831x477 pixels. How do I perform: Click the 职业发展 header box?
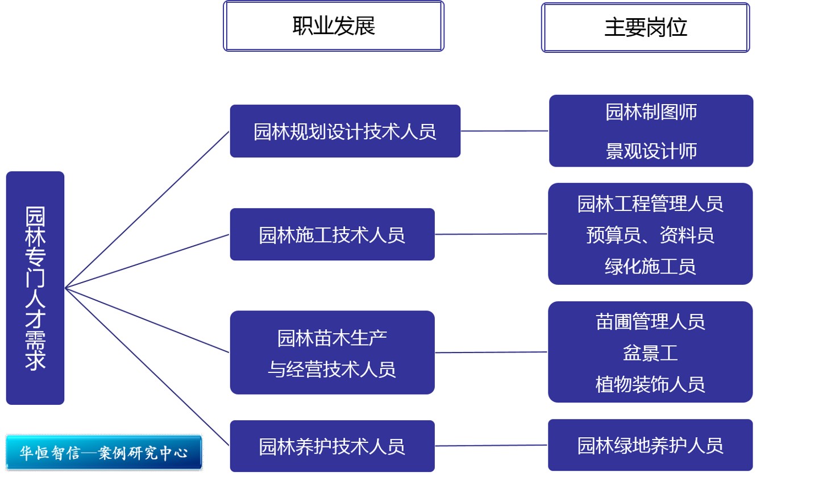pos(334,26)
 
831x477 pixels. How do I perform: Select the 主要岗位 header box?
pos(645,27)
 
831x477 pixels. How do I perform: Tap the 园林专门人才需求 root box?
pos(35,288)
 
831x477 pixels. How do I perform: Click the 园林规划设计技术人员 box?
pos(345,131)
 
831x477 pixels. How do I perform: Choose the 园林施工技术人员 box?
pos(332,235)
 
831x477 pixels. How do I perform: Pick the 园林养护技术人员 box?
pos(332,446)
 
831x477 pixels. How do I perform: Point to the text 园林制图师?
pos(651,112)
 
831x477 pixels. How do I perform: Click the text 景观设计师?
pos(651,151)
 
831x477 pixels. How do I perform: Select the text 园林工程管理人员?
pos(650,204)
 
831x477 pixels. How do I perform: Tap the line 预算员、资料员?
pos(650,235)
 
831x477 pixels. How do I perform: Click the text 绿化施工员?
pos(650,266)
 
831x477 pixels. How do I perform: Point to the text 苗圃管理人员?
pos(650,322)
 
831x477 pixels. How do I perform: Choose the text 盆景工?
pos(650,353)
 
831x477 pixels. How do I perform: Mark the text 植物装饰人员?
pos(650,384)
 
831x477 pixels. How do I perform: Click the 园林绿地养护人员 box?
pos(650,445)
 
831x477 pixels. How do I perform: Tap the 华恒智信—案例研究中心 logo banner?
pos(104,453)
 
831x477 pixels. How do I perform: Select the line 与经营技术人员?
pos(332,370)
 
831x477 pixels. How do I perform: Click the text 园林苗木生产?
pos(332,338)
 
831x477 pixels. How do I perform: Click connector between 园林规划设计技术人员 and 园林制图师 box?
pos(504,131)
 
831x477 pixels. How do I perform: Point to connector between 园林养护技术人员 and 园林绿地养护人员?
pos(491,446)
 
